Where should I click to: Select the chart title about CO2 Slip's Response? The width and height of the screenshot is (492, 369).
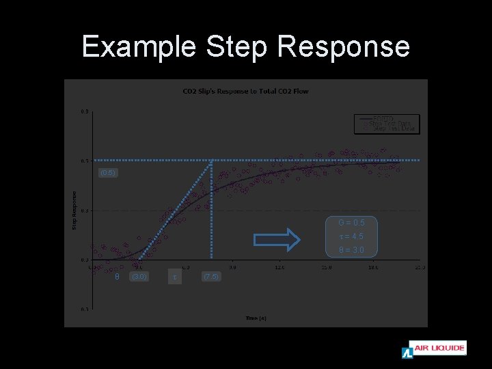[245, 91]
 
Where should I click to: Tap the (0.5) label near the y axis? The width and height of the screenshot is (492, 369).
[107, 173]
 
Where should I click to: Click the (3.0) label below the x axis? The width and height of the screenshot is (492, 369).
[139, 277]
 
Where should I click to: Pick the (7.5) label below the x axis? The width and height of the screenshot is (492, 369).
[210, 277]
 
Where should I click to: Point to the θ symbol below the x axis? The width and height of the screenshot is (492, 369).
[117, 277]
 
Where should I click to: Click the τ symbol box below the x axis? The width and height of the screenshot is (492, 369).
[175, 277]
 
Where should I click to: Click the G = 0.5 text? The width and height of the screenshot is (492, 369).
[351, 223]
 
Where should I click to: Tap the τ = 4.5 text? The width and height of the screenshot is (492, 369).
[351, 236]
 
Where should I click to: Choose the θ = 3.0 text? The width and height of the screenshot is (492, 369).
[351, 250]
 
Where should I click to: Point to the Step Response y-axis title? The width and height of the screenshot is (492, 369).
[74, 210]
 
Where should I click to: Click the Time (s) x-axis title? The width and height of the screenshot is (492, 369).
[256, 318]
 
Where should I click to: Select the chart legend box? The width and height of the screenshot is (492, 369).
[386, 124]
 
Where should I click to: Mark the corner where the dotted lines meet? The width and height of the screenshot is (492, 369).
[211, 161]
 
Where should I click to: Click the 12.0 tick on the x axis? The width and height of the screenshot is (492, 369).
[279, 267]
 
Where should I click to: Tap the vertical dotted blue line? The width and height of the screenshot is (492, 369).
[211, 212]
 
